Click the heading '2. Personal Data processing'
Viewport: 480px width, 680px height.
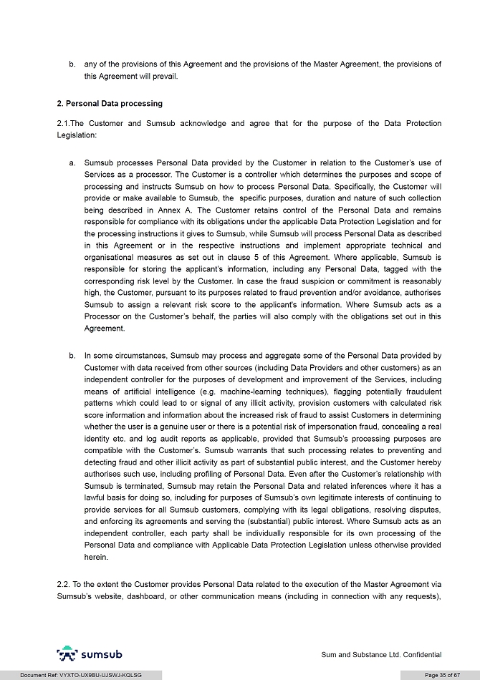[x=110, y=104]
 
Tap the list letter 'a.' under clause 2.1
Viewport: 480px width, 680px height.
[x=73, y=163]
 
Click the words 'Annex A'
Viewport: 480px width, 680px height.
[x=156, y=210]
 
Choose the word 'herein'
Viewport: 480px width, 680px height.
[x=97, y=557]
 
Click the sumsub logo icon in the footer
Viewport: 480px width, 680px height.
[x=67, y=654]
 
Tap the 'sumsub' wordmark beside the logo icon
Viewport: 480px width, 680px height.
[x=102, y=654]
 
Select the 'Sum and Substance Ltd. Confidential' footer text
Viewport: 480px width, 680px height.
[x=381, y=654]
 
